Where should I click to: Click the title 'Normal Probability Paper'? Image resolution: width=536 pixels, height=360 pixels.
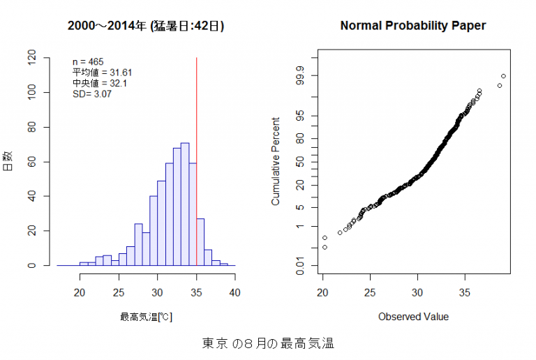[x=412, y=26]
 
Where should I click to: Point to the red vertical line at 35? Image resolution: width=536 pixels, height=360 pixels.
[x=196, y=105]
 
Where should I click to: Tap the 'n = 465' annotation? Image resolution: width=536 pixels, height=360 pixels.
[x=88, y=62]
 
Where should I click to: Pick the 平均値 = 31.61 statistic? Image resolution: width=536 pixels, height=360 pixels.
[x=103, y=73]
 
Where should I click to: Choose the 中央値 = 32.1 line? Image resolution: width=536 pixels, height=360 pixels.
[x=100, y=83]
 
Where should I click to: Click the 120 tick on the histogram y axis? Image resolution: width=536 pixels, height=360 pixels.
[x=33, y=58]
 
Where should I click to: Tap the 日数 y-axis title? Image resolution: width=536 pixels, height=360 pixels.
[x=8, y=161]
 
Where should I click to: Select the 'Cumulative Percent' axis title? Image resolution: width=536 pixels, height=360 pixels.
[x=276, y=161]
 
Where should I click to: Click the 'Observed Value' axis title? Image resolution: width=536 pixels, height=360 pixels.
[x=413, y=317]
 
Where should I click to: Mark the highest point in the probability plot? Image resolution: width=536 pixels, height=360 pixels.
[x=503, y=76]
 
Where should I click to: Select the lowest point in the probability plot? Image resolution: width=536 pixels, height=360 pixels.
[x=325, y=247]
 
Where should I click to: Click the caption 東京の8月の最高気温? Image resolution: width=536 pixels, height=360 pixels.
[x=268, y=343]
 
